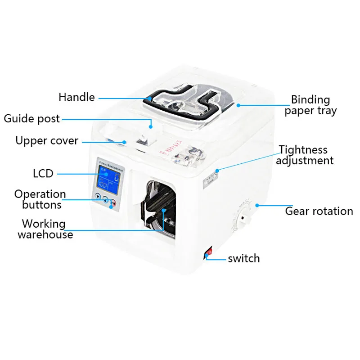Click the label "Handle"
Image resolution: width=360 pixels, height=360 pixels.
tap(76, 97)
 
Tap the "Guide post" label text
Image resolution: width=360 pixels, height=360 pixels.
tap(31, 119)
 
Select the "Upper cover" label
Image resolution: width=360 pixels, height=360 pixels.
tap(47, 140)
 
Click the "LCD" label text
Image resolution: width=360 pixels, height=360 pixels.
tap(43, 173)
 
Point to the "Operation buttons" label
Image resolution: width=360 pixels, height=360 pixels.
tap(40, 199)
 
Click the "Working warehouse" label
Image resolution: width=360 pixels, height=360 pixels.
tap(45, 229)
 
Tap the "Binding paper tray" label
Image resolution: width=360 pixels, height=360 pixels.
tap(310, 105)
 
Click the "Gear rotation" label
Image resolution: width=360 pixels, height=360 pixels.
tap(319, 211)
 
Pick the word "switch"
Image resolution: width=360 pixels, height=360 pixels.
tap(243, 258)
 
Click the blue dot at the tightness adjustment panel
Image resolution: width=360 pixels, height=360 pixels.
tap(217, 171)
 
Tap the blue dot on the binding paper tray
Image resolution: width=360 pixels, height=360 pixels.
tap(238, 105)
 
